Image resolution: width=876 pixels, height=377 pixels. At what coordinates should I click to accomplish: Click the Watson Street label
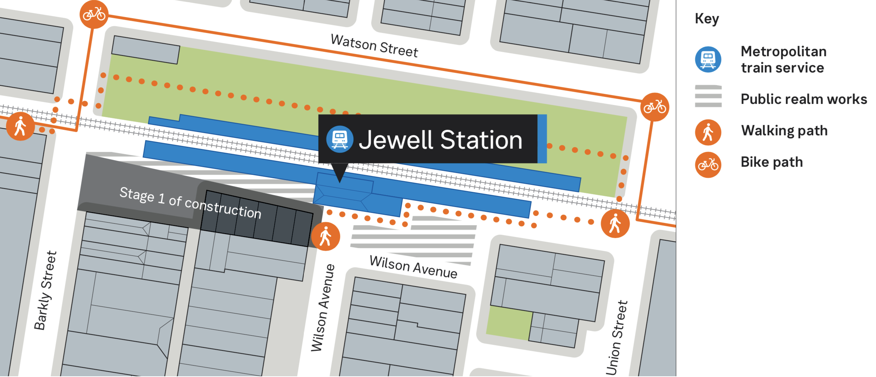(374, 46)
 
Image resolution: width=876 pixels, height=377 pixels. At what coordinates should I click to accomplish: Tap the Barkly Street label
(45, 291)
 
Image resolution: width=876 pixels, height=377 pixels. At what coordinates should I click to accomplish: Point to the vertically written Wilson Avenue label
(323, 308)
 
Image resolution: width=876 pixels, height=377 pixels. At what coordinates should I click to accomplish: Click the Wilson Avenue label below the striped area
(413, 267)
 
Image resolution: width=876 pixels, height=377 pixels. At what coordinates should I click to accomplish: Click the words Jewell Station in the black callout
(440, 140)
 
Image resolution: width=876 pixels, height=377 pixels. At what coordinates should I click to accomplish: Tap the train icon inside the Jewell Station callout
(340, 139)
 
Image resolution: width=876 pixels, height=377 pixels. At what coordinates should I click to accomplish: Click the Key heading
(707, 18)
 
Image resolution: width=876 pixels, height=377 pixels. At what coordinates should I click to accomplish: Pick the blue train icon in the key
(708, 59)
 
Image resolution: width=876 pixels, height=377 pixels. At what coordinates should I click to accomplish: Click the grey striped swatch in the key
(708, 96)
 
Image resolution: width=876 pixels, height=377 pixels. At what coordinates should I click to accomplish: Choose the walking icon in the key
(708, 132)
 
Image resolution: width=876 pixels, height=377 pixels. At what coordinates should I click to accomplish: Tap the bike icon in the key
(708, 164)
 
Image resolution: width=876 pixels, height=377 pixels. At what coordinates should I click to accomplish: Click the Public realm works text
(804, 99)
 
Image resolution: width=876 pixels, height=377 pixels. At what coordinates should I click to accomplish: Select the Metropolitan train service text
(783, 60)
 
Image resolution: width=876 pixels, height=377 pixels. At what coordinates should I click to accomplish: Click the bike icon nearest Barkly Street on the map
(94, 15)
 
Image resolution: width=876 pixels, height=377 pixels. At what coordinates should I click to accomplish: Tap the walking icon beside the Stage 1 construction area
(325, 237)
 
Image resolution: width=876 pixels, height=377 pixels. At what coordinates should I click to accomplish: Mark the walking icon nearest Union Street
(615, 224)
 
